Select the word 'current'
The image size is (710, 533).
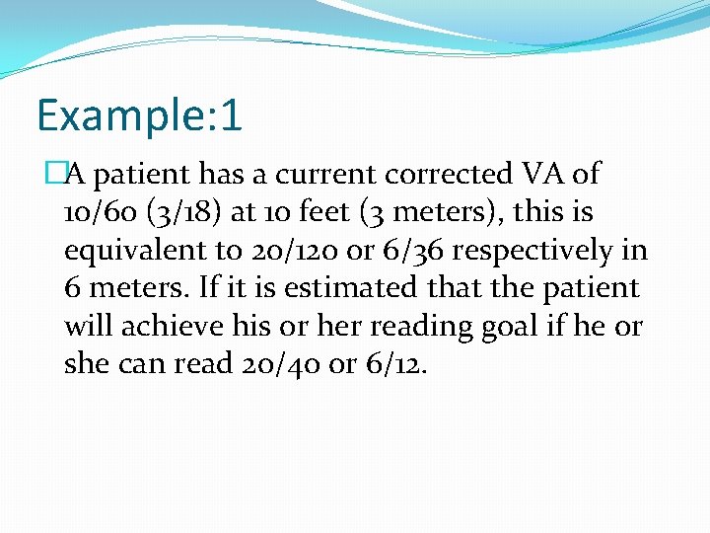click(x=326, y=175)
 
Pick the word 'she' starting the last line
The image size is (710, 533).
click(x=85, y=364)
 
